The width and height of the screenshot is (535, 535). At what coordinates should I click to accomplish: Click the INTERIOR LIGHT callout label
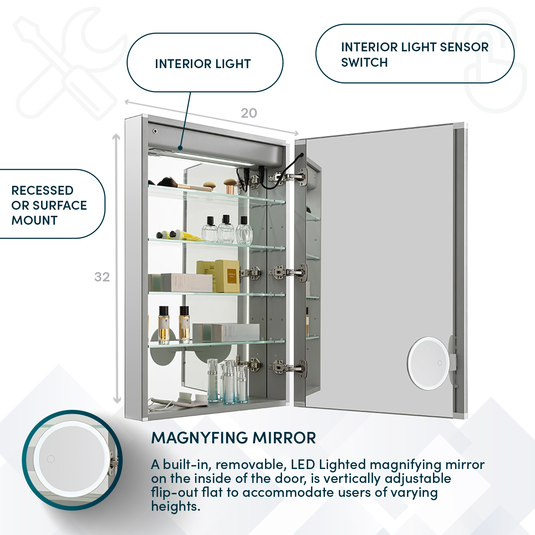[x=203, y=64]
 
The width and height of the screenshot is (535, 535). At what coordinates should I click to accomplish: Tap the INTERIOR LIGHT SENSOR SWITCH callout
[x=414, y=54]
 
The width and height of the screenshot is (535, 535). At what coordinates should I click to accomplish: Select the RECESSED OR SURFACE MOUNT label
[x=49, y=205]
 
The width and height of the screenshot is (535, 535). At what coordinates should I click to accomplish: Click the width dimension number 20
[x=249, y=113]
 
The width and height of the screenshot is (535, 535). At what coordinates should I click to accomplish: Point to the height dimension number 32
[x=102, y=277]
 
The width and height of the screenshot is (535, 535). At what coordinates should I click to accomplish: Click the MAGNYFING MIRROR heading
[x=234, y=438]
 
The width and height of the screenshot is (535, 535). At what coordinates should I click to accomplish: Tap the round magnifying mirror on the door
[x=429, y=363]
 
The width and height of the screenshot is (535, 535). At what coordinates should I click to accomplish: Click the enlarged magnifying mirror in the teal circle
[x=71, y=459]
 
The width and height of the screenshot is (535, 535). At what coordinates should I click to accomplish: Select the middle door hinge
[x=288, y=273]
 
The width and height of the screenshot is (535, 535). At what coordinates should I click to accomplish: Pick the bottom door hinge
[x=288, y=367]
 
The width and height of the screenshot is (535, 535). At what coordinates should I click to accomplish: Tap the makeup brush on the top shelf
[x=178, y=184]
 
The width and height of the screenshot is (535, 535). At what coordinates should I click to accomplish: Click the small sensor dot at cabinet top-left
[x=155, y=131]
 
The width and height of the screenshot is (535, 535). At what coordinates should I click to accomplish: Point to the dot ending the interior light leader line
[x=180, y=148]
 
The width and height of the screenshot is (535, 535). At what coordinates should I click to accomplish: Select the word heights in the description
[x=175, y=506]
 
